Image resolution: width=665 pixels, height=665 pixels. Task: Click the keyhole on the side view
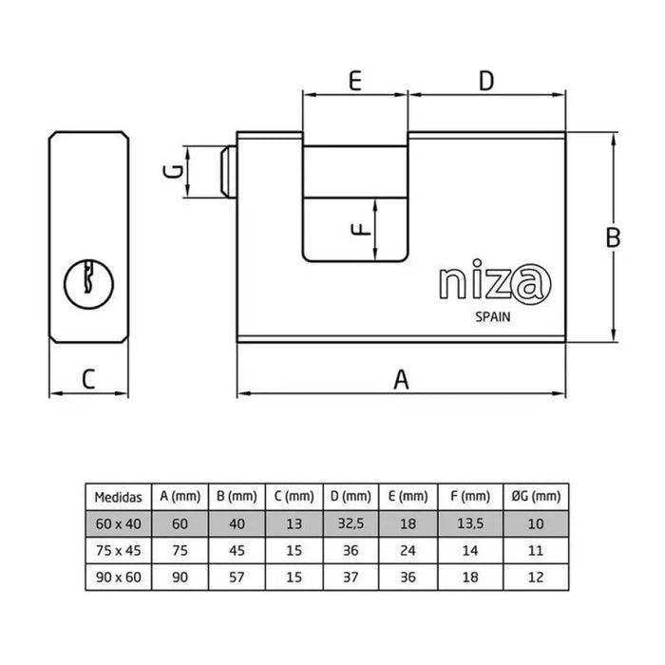click(88, 284)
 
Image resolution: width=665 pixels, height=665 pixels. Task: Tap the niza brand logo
click(495, 281)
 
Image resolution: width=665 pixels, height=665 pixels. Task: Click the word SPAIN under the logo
click(493, 316)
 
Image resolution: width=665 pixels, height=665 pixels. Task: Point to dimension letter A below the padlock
click(401, 379)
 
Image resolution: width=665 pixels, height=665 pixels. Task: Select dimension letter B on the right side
click(613, 237)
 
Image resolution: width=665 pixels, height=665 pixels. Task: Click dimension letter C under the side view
click(88, 379)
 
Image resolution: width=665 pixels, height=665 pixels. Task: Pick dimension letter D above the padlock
click(486, 81)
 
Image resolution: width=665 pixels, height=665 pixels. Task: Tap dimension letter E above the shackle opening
click(355, 81)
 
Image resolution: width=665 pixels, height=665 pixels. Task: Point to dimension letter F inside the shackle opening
click(362, 230)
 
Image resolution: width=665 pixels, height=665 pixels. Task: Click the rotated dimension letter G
click(173, 171)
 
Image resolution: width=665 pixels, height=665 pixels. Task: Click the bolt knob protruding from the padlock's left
click(228, 171)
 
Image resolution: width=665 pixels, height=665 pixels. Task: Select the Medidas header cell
click(119, 497)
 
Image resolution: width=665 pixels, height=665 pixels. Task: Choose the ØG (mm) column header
click(536, 496)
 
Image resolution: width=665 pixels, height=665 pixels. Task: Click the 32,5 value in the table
click(351, 523)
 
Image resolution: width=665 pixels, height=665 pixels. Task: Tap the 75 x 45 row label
click(119, 550)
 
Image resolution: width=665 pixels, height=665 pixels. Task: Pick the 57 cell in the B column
click(237, 578)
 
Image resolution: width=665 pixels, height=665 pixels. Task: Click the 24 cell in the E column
click(408, 550)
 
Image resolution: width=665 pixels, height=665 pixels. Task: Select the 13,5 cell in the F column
click(470, 523)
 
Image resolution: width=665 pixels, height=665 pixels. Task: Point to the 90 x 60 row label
click(119, 578)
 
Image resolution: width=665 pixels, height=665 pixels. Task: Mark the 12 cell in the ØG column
click(536, 578)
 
